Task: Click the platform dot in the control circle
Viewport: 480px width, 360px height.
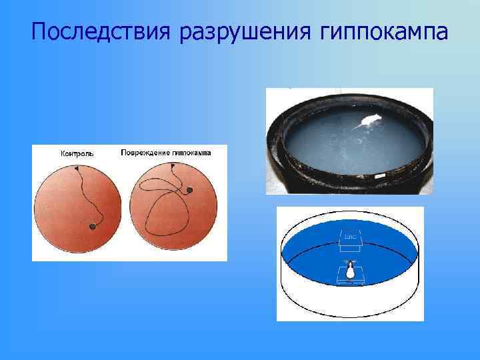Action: [x=92, y=227]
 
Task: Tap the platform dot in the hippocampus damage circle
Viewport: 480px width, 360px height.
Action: [x=189, y=191]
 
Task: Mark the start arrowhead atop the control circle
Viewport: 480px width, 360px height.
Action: [x=77, y=169]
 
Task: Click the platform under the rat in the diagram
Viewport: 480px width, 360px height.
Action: [x=349, y=281]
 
